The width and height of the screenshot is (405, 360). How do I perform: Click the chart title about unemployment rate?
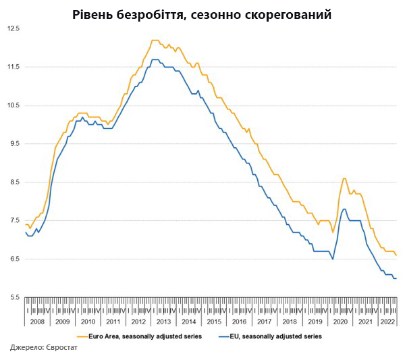202,14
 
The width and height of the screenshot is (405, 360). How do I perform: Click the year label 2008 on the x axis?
38,322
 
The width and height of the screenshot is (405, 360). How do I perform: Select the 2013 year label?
163,322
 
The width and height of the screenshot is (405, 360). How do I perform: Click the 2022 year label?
387,322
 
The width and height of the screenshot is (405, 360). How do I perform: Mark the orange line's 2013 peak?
155,41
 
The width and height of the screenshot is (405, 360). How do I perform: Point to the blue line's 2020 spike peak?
344,209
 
